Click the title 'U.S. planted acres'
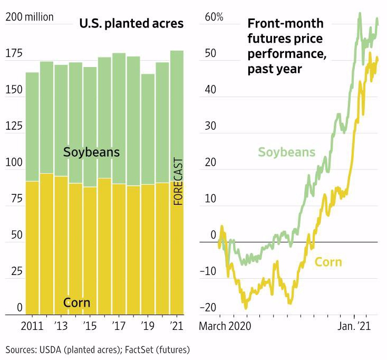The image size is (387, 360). click(131, 24)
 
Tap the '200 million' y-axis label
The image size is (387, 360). click(30, 17)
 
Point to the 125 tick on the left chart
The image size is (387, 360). click(14, 127)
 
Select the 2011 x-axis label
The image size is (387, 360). click(32, 326)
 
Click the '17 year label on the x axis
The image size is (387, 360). click(119, 326)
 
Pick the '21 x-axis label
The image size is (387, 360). click(176, 326)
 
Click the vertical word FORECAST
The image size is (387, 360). click(178, 181)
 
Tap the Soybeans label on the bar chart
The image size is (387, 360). click(91, 153)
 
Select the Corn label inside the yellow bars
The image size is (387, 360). click(76, 303)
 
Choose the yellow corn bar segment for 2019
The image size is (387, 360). click(148, 248)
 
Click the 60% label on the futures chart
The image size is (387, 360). click(214, 17)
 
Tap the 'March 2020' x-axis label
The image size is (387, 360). click(225, 326)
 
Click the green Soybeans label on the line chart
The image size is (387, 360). click(286, 153)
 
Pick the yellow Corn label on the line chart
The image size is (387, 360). click(328, 262)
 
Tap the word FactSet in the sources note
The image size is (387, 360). click(135, 349)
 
